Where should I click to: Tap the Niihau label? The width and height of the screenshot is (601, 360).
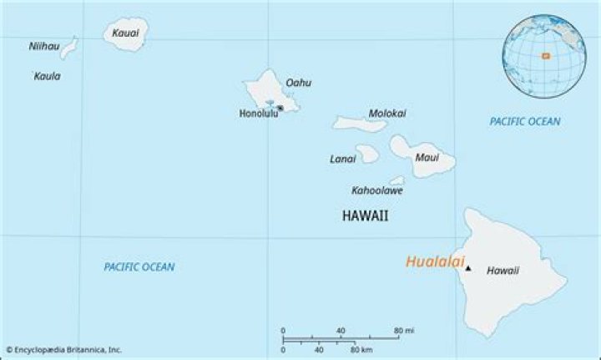[x=43, y=47]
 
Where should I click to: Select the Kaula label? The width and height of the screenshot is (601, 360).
[x=47, y=76]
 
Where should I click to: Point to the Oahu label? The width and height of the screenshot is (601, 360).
[x=298, y=83]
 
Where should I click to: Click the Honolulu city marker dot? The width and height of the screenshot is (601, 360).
[x=280, y=108]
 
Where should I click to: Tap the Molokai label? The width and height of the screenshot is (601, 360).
[x=387, y=114]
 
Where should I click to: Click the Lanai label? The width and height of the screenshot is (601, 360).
[x=343, y=159]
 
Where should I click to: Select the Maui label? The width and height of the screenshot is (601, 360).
[x=427, y=157]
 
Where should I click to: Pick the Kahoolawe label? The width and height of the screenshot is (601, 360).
[x=377, y=190]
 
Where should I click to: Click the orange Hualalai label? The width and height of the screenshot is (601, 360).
[x=434, y=262]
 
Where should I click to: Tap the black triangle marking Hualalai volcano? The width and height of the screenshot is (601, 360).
[x=468, y=268]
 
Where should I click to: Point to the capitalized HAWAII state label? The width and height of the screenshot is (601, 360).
[x=365, y=215]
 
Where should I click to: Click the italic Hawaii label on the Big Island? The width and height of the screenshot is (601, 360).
[x=503, y=271]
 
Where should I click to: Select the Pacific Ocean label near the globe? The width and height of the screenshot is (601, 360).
[x=525, y=121]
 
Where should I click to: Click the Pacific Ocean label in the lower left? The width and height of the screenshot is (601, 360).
[x=139, y=266]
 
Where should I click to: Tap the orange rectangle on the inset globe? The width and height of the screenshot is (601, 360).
[x=545, y=56]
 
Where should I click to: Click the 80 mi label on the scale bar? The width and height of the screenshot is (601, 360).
[x=405, y=331]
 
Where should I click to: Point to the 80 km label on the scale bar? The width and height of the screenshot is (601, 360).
[x=361, y=349]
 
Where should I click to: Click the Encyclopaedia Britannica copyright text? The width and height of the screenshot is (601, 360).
[x=64, y=350]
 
